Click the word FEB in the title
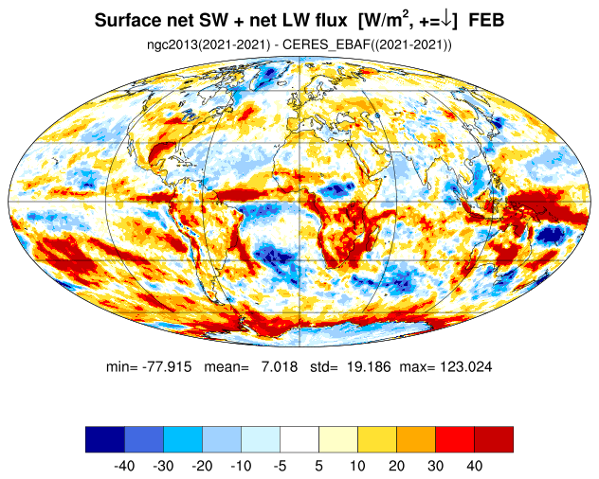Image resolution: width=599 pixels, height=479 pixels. coord(486,20)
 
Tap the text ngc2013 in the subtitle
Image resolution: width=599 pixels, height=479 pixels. coord(172,44)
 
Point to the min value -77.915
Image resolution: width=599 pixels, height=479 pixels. coord(167,366)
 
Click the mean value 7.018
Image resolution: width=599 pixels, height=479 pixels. coord(280,366)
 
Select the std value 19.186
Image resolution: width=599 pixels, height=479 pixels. coord(369,366)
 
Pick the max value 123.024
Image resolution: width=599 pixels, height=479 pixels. coord(466,366)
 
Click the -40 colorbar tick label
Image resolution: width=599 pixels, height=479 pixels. coord(124,466)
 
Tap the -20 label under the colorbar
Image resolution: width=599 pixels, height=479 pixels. coord(202,466)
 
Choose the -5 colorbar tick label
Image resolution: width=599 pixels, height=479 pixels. coord(280,466)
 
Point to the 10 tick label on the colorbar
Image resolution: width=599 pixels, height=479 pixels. coord(357,466)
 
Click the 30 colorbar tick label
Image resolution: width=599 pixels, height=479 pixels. coord(435,466)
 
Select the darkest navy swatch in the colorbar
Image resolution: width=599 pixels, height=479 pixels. coord(105,439)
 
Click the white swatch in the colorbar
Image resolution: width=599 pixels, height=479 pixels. coord(299,439)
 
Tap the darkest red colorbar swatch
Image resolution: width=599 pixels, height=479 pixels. coord(494,439)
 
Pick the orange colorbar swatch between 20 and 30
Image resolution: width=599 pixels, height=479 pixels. coord(416,439)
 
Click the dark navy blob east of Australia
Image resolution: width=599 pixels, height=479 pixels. coord(550,235)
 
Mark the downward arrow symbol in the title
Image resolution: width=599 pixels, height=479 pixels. coord(445,20)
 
